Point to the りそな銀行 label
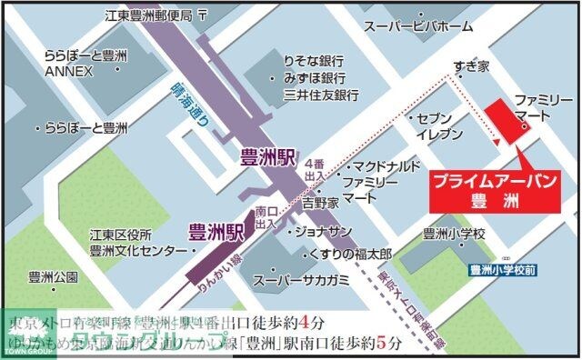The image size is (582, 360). (x=313, y=56)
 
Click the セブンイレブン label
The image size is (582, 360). (x=433, y=125)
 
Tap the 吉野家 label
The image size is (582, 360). (x=320, y=201)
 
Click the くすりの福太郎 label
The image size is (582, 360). (x=351, y=251)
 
